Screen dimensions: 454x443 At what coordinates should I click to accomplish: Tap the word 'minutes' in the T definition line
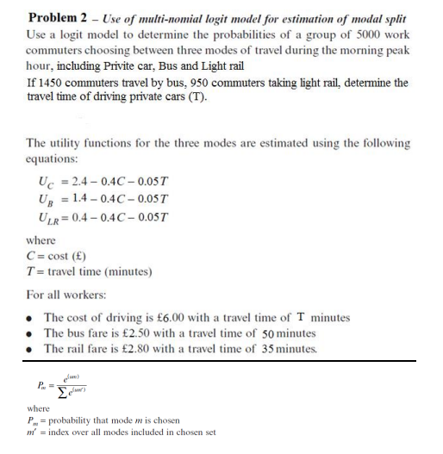131,272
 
